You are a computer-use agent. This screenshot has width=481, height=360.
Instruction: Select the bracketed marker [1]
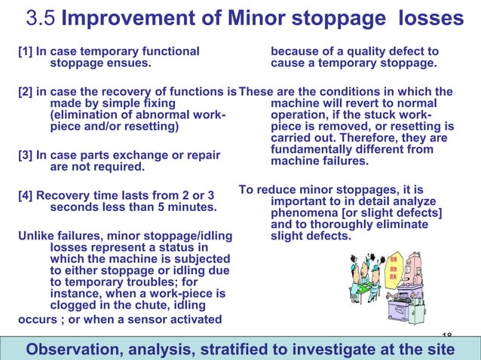click(x=25, y=52)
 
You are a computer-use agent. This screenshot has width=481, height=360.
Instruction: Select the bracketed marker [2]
click(x=25, y=92)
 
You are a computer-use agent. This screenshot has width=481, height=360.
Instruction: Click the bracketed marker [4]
click(x=25, y=196)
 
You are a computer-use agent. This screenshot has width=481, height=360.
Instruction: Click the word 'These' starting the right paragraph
click(x=256, y=92)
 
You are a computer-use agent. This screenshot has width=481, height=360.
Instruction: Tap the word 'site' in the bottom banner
click(x=440, y=349)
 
